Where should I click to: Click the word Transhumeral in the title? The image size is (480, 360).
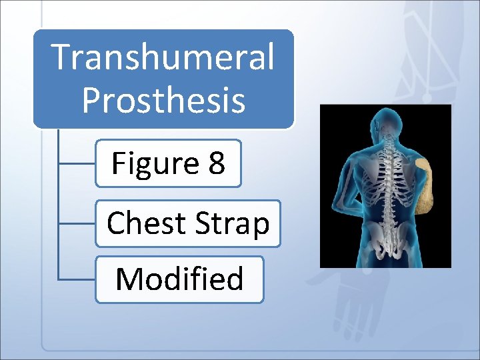pyautogui.click(x=163, y=57)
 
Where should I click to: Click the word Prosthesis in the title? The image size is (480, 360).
pyautogui.click(x=163, y=100)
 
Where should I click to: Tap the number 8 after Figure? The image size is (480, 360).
pyautogui.click(x=216, y=163)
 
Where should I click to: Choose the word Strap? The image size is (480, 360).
pyautogui.click(x=230, y=225)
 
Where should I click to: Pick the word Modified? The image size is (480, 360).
pyautogui.click(x=179, y=279)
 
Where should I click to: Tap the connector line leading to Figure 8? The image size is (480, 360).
pyautogui.click(x=77, y=163)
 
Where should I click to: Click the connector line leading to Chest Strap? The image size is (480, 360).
pyautogui.click(x=77, y=223)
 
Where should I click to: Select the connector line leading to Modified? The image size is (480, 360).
pyautogui.click(x=77, y=279)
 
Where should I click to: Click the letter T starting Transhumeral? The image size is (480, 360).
pyautogui.click(x=61, y=57)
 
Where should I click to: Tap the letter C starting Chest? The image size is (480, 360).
pyautogui.click(x=116, y=223)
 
